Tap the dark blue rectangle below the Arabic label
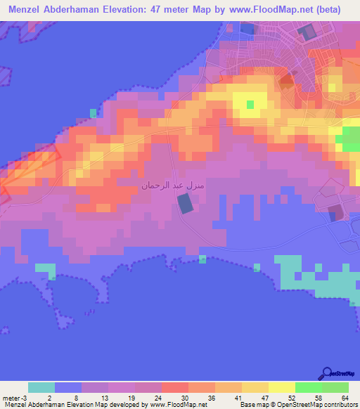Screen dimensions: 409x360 184,204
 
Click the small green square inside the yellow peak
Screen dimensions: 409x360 250,105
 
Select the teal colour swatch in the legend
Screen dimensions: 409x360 41,387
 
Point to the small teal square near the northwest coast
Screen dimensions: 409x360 93,112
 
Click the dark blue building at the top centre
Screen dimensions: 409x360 247,28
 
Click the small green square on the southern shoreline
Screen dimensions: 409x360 202,259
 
